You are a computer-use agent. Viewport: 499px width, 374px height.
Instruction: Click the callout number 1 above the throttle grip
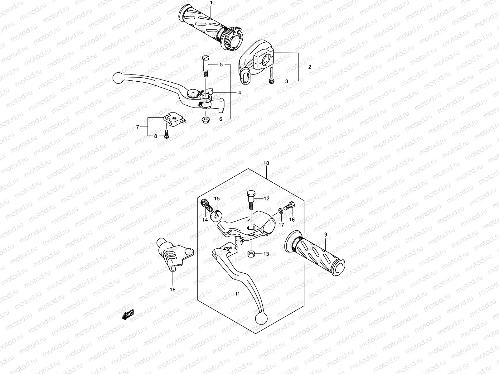[211, 3]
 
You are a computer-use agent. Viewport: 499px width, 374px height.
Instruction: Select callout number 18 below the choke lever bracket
[172, 290]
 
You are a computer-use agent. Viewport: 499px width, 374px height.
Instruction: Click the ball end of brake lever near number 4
[118, 78]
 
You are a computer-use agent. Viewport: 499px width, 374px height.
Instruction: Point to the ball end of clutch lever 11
[260, 318]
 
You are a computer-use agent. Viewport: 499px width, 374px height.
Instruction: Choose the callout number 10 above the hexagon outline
[266, 163]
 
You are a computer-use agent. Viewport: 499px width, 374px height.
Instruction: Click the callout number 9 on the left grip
[326, 234]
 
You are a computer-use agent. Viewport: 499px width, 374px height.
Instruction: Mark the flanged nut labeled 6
[206, 119]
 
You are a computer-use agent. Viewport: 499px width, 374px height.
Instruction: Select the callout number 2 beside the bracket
[310, 67]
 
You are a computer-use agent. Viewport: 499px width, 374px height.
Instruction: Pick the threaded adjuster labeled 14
[204, 206]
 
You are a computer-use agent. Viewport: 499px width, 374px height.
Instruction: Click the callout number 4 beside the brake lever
[239, 93]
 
